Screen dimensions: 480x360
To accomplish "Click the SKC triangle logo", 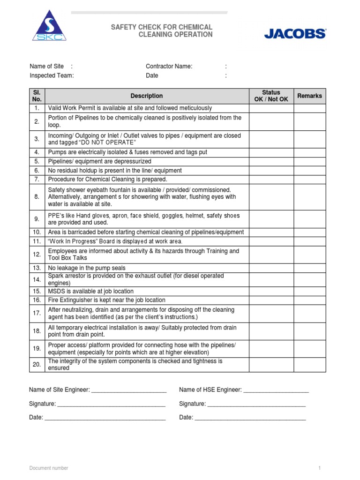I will point(49,26).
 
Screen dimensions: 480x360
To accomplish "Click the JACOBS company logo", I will point(295,33).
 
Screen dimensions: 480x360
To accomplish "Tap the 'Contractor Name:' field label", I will point(169,67).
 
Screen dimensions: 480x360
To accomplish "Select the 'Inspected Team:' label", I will point(52,75).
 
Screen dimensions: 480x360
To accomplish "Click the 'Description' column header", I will point(147,96).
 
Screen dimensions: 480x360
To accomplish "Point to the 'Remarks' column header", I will point(309,96).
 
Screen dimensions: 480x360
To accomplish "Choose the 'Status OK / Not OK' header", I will point(271,96).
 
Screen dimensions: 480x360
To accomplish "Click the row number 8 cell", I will point(37,197).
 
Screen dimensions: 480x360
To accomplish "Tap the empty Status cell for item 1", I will point(271,108).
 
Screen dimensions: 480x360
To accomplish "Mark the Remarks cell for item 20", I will point(309,365).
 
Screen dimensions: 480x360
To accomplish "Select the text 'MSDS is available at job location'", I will point(91,291).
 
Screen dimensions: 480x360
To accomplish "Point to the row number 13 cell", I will point(37,268).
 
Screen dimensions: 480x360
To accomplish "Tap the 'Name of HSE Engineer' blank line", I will point(276,390).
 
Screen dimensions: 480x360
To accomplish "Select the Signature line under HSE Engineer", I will point(256,404).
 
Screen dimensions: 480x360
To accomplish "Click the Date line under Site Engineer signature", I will point(105,418).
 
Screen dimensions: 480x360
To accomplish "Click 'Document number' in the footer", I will point(49,468).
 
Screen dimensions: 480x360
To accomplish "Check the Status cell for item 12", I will point(271,255).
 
